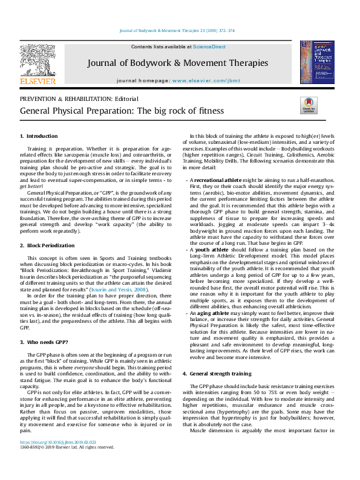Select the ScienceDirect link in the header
point(210,47)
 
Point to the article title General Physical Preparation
point(113,111)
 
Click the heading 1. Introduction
point(39,137)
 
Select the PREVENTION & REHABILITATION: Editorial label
point(79,99)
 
